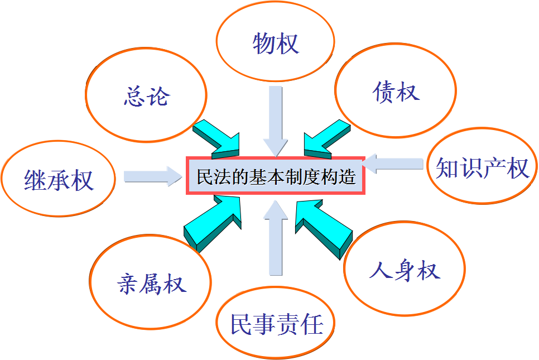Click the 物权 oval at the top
click(x=275, y=44)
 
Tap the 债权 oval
click(x=395, y=92)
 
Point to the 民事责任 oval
click(x=277, y=323)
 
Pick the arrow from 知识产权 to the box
click(x=393, y=162)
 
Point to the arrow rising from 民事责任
click(x=275, y=237)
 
